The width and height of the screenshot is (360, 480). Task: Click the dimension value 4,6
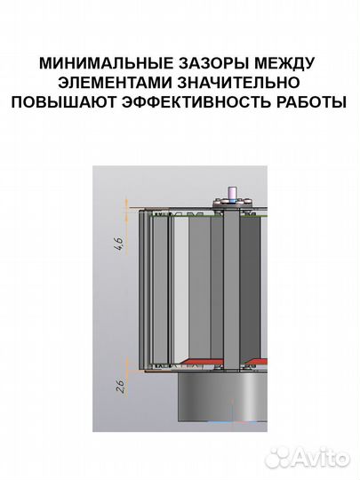pyautogui.click(x=119, y=244)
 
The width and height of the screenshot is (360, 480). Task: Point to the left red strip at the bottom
pyautogui.click(x=200, y=361)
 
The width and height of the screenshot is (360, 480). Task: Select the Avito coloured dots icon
pyautogui.click(x=278, y=456)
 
